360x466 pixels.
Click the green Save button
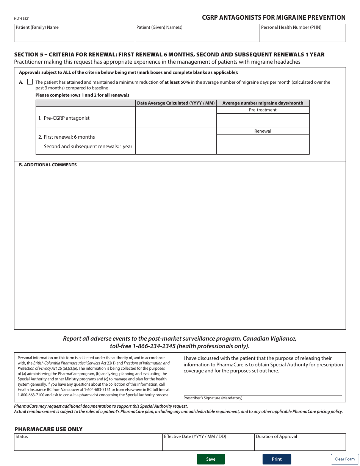click(211, 459)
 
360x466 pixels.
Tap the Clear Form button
click(344, 459)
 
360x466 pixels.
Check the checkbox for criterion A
click(30, 82)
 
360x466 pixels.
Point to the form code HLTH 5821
click(22, 18)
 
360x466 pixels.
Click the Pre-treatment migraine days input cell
click(263, 121)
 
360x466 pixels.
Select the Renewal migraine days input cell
click(263, 144)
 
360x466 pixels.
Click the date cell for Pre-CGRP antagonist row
click(176, 117)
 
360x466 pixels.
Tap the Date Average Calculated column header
click(176, 103)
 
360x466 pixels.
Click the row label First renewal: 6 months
click(69, 137)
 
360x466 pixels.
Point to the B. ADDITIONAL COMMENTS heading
click(48, 165)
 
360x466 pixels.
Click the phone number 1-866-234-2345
click(154, 346)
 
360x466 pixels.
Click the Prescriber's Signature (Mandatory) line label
click(213, 398)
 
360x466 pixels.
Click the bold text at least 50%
click(177, 82)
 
